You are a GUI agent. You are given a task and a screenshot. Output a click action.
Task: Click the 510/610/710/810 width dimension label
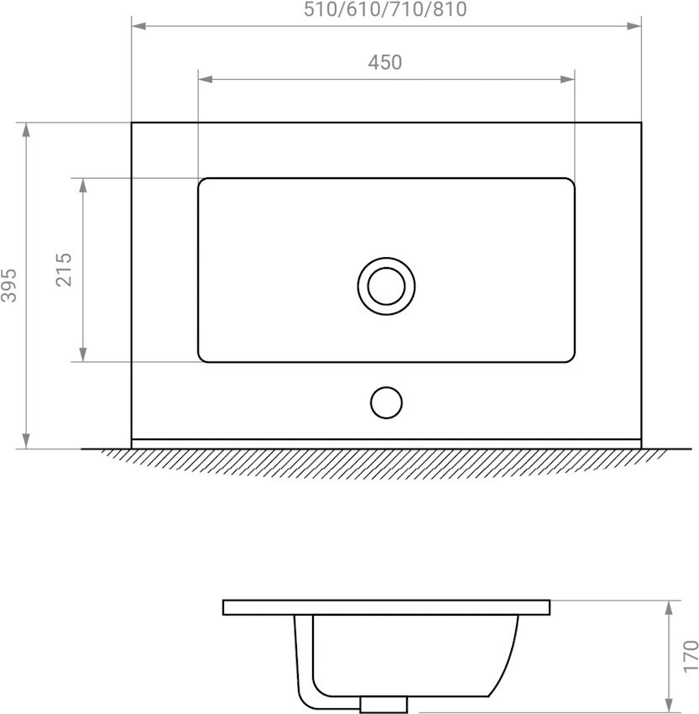point(385,9)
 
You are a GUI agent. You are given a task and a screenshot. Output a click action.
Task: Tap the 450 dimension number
point(385,62)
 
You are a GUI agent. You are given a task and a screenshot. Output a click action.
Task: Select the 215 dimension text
point(64,270)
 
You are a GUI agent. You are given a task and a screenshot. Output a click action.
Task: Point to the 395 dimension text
point(8,286)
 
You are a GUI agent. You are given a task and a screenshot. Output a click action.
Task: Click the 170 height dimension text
point(691,656)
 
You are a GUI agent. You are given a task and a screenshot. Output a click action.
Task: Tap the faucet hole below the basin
point(386,402)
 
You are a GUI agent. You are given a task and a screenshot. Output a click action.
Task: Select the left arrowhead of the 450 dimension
point(206,80)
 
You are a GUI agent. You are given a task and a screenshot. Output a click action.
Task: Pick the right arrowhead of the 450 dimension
point(567,80)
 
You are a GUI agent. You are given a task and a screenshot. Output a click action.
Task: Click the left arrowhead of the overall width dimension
point(138,26)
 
